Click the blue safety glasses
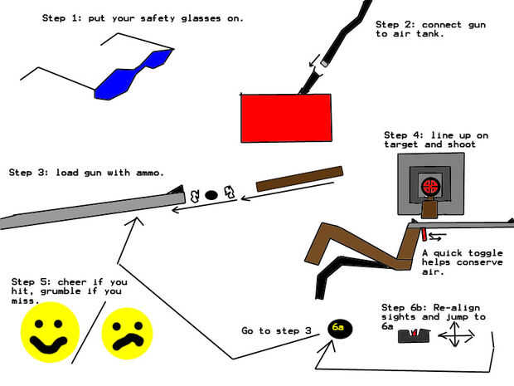click(x=133, y=75)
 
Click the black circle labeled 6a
click(x=339, y=329)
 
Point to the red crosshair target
click(x=429, y=185)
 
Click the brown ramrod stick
click(x=298, y=178)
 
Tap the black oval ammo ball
click(x=211, y=195)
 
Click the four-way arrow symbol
click(x=454, y=335)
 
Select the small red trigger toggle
click(x=422, y=234)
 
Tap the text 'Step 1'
click(x=61, y=17)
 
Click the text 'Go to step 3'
click(x=276, y=330)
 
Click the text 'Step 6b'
click(x=401, y=307)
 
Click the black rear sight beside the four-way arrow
click(x=414, y=335)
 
